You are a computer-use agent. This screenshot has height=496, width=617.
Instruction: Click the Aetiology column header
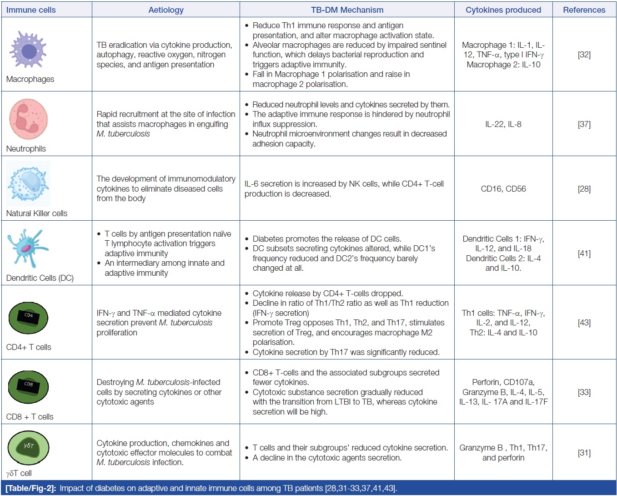(166, 10)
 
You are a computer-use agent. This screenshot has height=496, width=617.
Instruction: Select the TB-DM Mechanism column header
(347, 10)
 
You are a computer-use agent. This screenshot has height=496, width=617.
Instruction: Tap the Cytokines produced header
(503, 10)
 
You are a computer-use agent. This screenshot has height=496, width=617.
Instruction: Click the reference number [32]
(584, 55)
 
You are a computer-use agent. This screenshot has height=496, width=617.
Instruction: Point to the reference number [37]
(584, 124)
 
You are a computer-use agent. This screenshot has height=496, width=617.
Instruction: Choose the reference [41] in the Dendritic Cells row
(584, 253)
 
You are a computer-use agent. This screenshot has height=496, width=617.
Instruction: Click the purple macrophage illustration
(28, 50)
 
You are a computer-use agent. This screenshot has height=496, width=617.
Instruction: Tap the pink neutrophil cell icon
(28, 119)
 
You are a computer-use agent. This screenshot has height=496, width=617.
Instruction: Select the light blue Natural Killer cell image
(28, 183)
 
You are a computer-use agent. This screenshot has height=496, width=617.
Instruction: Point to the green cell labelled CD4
(28, 317)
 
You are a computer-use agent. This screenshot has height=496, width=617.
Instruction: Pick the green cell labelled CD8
(28, 387)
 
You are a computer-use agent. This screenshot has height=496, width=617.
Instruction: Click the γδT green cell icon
(28, 447)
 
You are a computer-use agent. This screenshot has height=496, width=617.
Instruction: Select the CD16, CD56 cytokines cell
(503, 189)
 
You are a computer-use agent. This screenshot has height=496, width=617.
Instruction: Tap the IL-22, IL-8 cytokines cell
(503, 124)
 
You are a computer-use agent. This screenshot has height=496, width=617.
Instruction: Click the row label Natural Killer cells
(37, 213)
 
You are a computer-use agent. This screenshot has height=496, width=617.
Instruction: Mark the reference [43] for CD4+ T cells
(584, 323)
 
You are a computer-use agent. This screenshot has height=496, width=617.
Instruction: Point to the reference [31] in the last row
(584, 453)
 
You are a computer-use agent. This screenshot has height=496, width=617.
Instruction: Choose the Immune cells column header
(31, 10)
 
